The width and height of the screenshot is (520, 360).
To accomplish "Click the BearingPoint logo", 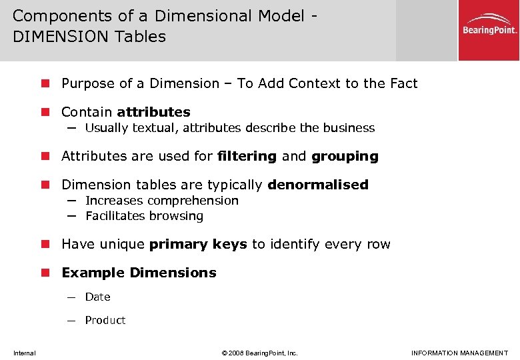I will point(489,30).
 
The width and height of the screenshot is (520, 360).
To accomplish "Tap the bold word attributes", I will point(153,112).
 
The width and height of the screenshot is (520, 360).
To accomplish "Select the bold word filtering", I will point(247,157).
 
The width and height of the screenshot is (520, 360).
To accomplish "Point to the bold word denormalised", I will point(318,185).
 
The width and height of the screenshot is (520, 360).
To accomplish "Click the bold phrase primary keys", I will point(198,245).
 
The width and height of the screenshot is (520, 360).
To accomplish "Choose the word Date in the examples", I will point(98,297).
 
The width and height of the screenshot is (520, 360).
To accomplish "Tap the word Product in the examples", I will point(105,320).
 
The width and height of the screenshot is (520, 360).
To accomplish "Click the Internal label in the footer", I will point(25,353).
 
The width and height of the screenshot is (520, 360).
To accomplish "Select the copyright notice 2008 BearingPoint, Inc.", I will point(259,353).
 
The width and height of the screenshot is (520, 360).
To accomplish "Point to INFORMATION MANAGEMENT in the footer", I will point(459,353).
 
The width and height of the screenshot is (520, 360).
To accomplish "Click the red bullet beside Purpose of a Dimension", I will point(45,83).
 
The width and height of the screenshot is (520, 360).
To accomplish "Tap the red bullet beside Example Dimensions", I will point(45,273).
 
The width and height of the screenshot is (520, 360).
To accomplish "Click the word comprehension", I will point(193,201).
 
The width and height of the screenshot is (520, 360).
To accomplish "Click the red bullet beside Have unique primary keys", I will point(45,245).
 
